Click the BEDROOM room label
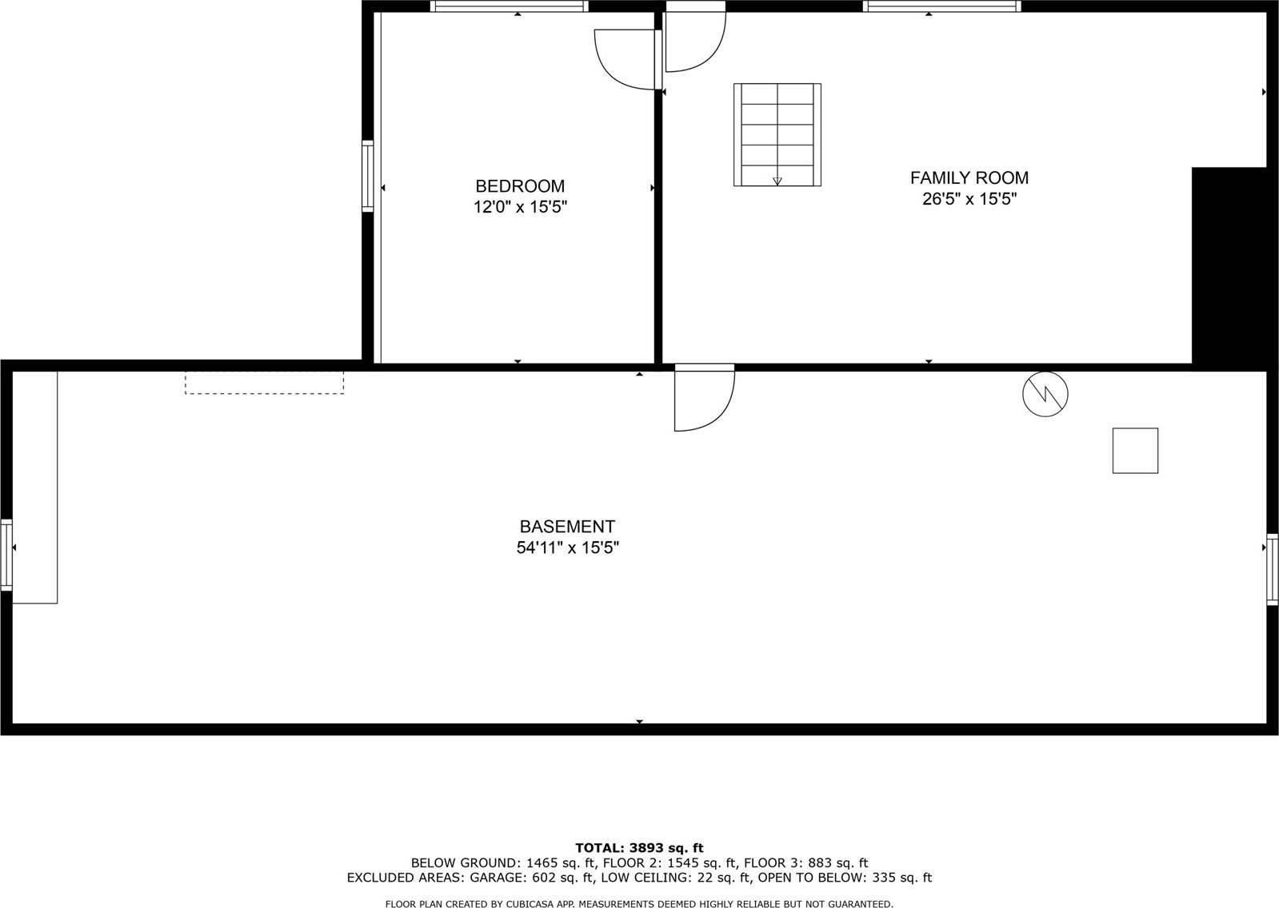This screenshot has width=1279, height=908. [520, 186]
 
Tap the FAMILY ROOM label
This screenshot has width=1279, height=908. [969, 177]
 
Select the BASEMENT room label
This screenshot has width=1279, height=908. [567, 527]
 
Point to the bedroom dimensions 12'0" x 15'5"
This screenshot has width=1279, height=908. [520, 208]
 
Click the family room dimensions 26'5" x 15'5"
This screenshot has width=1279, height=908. [969, 199]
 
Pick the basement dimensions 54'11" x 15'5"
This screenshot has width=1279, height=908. [567, 548]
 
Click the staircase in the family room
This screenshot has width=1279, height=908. [777, 134]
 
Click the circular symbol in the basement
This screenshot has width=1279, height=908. [1045, 393]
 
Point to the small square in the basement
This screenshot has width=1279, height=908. [1135, 450]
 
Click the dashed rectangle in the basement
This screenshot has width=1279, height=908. [264, 381]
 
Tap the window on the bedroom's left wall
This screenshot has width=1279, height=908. [368, 176]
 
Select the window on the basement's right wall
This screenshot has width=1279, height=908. [1272, 568]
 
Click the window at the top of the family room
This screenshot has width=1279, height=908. [941, 6]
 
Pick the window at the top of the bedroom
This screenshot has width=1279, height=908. [509, 6]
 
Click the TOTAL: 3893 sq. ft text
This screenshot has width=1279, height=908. [639, 848]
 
